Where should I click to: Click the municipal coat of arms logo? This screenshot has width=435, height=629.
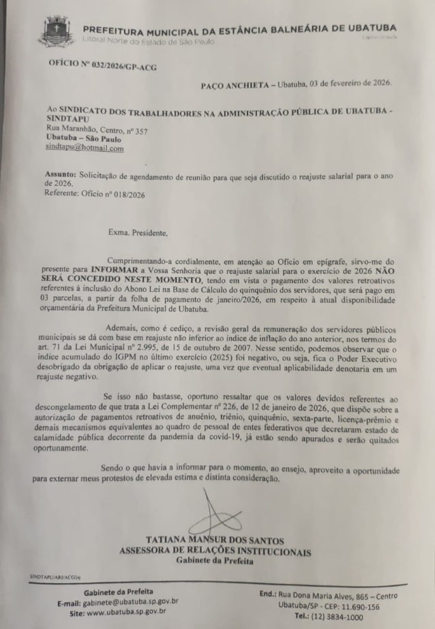tap(57, 32)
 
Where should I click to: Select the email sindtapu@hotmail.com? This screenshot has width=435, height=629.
tap(85, 147)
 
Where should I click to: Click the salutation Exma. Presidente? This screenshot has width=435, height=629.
tap(136, 233)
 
